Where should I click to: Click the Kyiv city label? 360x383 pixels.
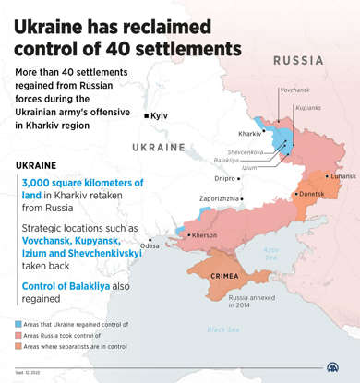tap(159, 115)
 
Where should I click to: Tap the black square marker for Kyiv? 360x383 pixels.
tap(146, 115)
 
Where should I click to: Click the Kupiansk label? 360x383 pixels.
tap(307, 108)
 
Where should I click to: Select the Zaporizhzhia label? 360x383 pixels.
tap(220, 198)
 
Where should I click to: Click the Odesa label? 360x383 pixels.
tap(150, 245)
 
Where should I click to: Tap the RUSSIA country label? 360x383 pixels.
tap(297, 60)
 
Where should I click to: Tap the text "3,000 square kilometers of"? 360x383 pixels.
tap(83, 183)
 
